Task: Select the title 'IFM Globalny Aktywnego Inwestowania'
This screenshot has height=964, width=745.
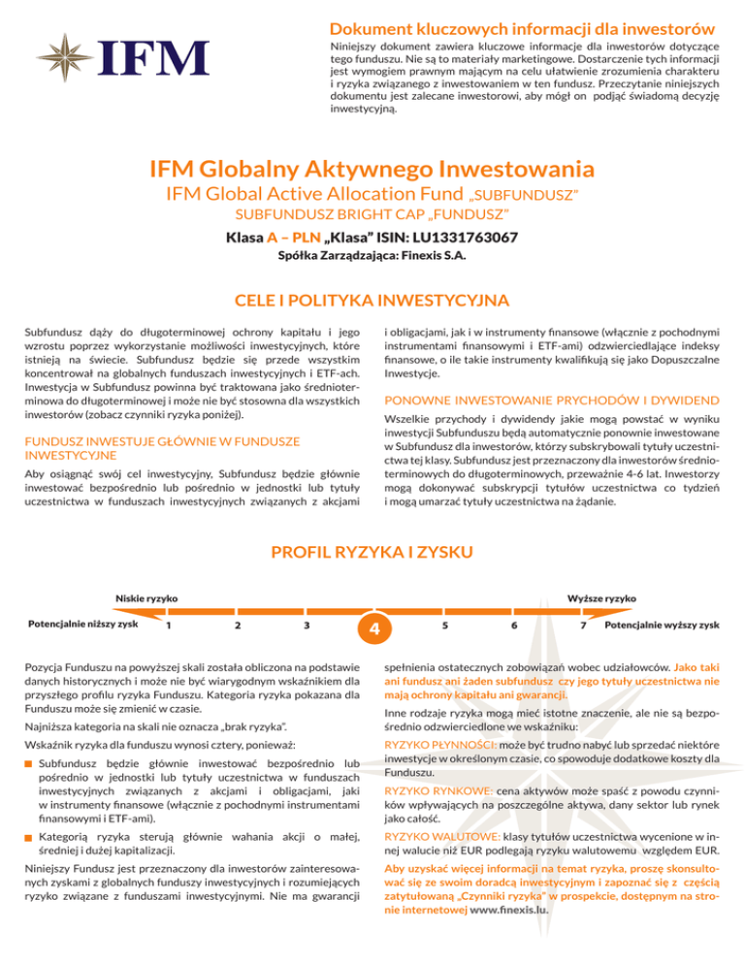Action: [372, 170]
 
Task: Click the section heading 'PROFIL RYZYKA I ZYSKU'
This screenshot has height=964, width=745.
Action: [372, 553]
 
